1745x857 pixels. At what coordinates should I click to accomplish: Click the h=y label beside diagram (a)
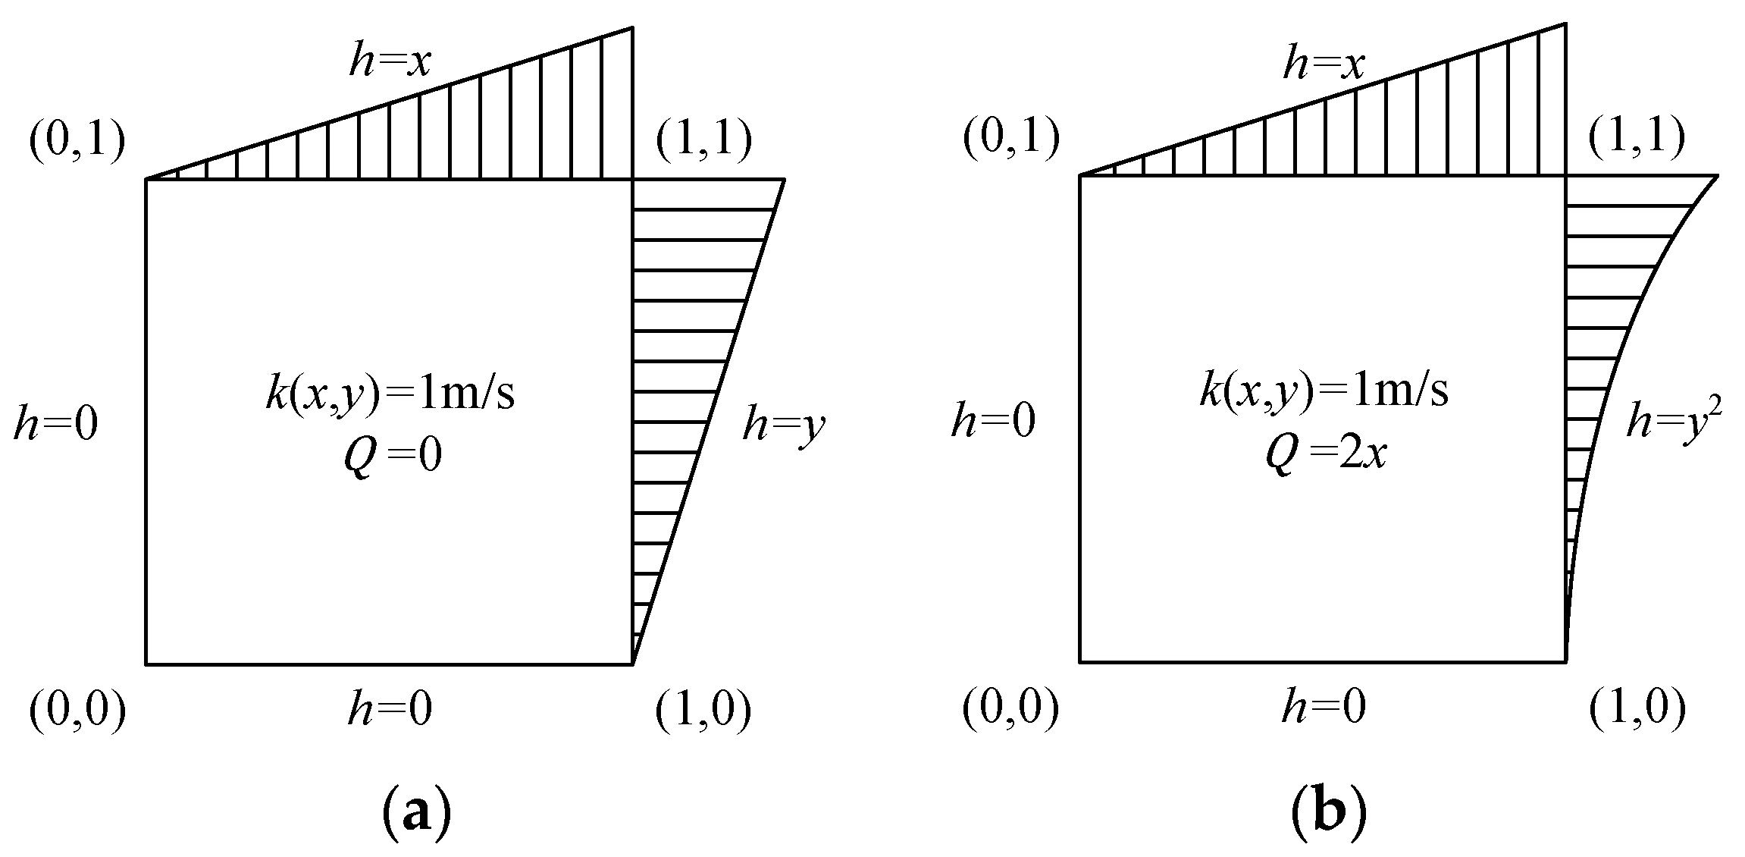click(783, 425)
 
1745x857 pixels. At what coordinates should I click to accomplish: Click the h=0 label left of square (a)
click(55, 425)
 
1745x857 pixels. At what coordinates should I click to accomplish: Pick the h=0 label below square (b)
click(1324, 708)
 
